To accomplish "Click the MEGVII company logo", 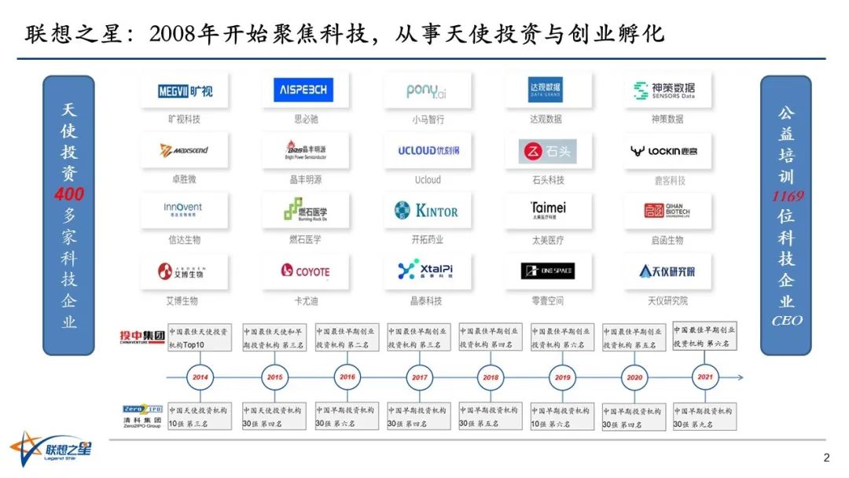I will [x=185, y=91].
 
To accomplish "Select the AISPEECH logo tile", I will [x=305, y=90].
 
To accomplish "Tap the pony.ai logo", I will [x=427, y=91].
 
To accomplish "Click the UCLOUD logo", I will [x=428, y=150].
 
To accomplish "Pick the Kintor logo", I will [x=427, y=211].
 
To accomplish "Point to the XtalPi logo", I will [x=427, y=270].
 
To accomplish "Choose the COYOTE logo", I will [x=305, y=271].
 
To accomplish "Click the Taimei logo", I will [x=548, y=211].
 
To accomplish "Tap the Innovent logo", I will [x=184, y=211].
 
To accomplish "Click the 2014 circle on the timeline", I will [x=200, y=377].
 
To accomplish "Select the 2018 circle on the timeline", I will [x=491, y=377].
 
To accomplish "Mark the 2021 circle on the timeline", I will [x=704, y=377].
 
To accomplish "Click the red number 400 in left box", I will [x=69, y=194].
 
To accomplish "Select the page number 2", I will [x=826, y=458].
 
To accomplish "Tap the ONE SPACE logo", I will [x=548, y=271].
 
